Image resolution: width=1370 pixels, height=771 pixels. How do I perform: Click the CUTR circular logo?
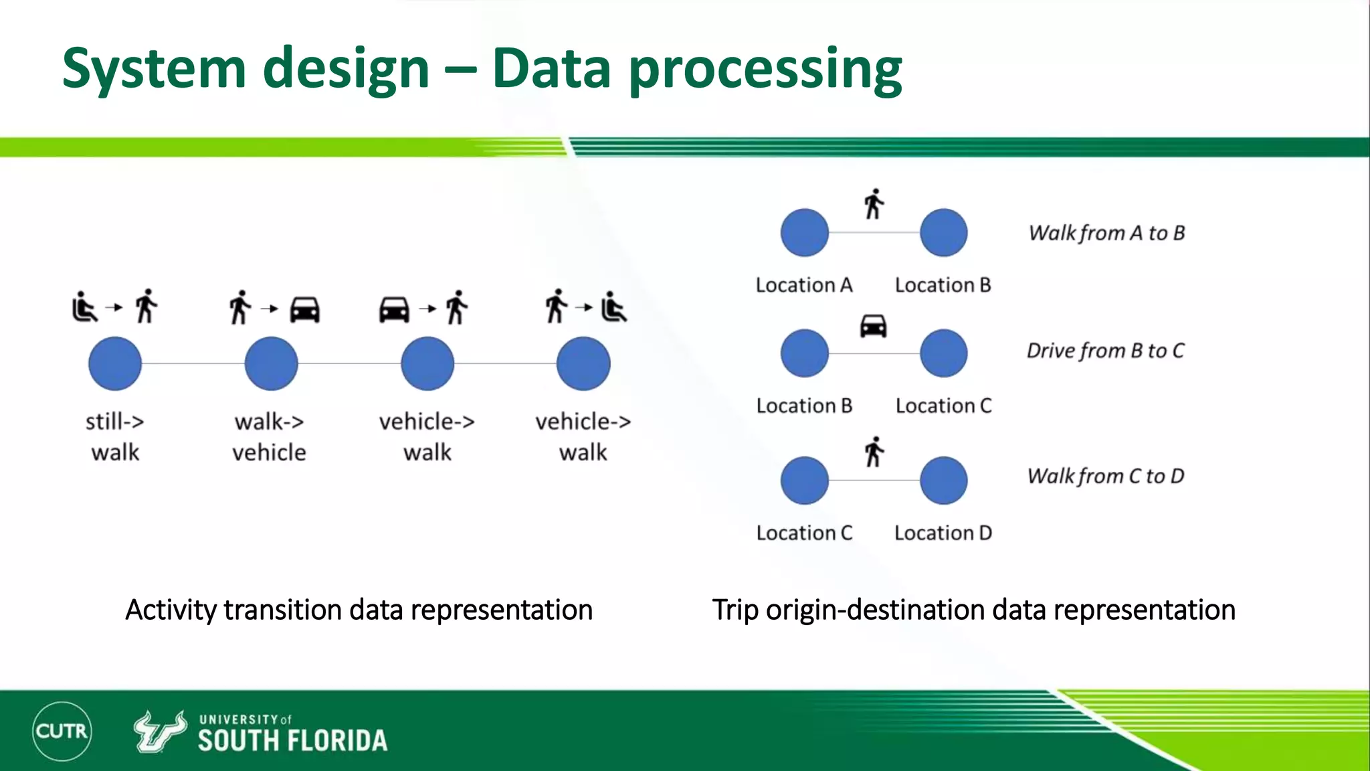[62, 731]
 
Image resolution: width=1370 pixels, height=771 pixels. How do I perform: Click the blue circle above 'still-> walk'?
[115, 363]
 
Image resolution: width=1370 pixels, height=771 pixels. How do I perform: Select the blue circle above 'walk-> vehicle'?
[271, 363]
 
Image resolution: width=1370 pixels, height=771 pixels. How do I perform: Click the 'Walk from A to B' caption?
[1106, 233]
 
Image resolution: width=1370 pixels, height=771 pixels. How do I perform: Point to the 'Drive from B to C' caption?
[1105, 351]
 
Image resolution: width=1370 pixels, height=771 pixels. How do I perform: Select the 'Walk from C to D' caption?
[1105, 476]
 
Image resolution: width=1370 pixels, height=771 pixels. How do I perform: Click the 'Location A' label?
[804, 285]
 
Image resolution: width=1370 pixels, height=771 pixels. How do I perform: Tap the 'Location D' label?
[943, 533]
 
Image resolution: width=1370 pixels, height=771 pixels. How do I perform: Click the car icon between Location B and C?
[873, 326]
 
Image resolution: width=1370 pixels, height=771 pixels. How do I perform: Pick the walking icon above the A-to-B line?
[873, 204]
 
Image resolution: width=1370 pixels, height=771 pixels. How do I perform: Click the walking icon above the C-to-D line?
[873, 452]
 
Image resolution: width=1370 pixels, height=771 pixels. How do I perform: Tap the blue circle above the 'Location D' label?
[943, 481]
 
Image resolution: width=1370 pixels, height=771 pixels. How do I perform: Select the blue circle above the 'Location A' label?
[804, 233]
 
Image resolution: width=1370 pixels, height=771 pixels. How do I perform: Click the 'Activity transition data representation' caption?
[359, 610]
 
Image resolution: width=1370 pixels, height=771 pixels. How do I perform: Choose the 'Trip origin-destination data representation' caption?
[973, 610]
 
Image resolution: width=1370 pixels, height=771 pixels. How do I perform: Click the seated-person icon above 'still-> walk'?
[84, 307]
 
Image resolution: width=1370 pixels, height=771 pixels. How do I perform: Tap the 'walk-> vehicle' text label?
[269, 437]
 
